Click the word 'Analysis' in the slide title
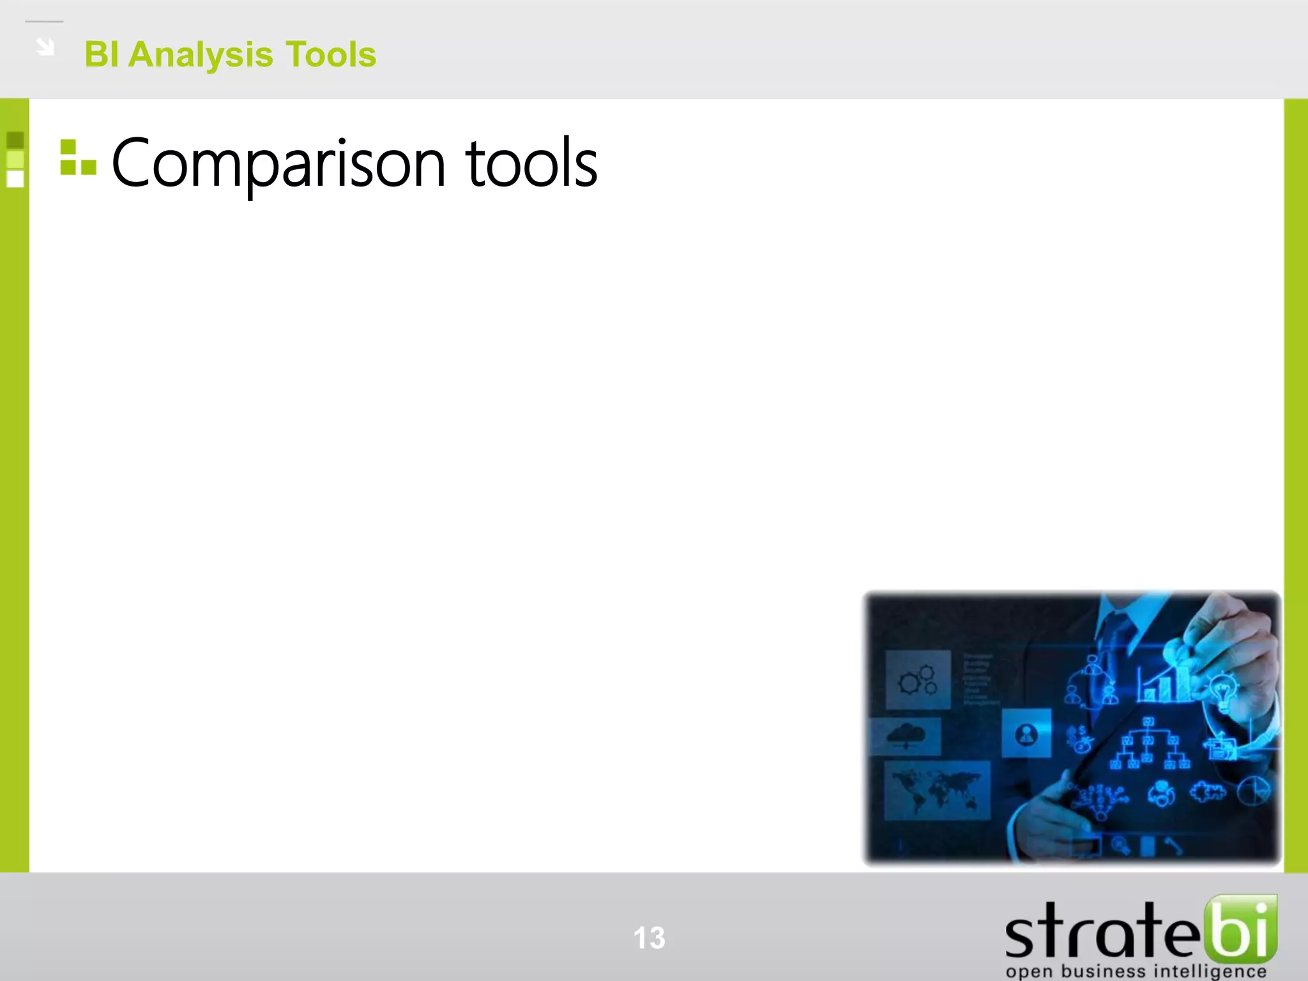pos(201,55)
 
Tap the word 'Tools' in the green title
pos(330,55)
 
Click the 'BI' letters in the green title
pos(101,55)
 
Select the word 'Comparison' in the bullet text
pos(278,165)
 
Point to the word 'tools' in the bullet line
pos(531,165)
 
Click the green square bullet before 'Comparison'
pos(77,158)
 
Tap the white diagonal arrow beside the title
pos(45,47)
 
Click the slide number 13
pos(649,938)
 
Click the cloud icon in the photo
pos(906,734)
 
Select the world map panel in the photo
pos(936,789)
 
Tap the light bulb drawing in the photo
pos(1222,692)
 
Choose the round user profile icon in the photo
pos(1026,734)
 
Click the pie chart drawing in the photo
pos(1253,792)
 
